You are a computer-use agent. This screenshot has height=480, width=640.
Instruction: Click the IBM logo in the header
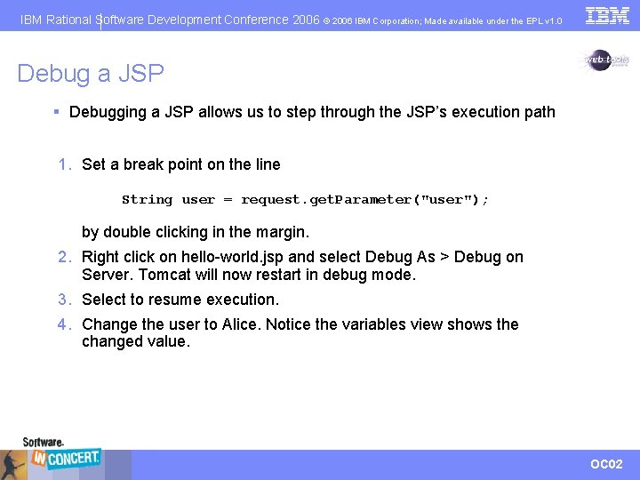608,15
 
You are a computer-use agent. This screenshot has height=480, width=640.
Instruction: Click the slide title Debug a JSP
91,74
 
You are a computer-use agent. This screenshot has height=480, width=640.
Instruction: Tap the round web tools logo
605,60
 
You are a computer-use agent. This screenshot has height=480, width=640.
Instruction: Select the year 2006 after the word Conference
305,19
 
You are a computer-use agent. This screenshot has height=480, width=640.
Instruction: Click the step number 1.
63,164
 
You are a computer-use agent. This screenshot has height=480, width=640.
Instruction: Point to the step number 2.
63,257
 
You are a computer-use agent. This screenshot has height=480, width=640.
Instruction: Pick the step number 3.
63,300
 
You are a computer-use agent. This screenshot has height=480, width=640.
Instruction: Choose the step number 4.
63,324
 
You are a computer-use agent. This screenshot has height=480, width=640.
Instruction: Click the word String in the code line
147,200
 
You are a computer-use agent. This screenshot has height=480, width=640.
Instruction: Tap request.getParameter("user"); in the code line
364,200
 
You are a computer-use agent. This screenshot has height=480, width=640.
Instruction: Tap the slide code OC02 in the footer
606,464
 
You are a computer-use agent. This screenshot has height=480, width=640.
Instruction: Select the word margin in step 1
281,232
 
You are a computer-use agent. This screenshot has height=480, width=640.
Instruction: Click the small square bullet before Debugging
56,112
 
